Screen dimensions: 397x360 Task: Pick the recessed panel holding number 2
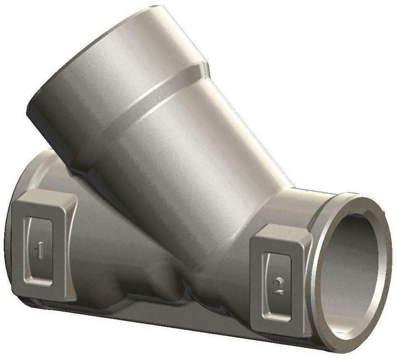tap(278, 286)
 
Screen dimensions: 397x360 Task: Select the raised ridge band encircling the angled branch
tap(142, 106)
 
